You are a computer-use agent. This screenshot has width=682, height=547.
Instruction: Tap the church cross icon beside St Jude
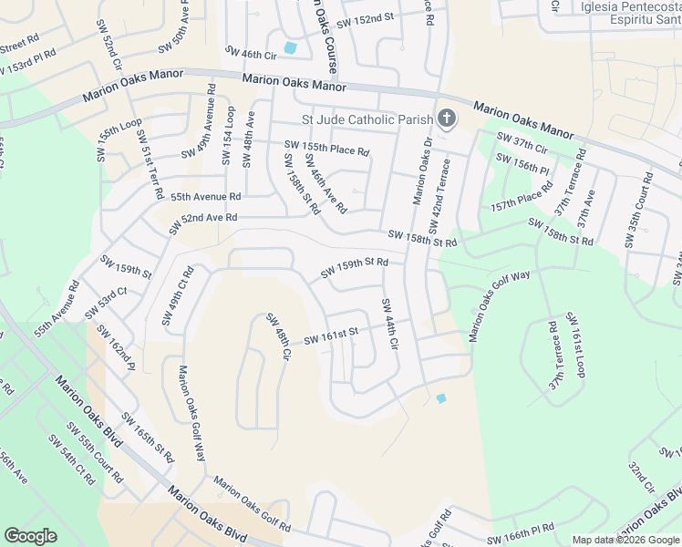(447, 118)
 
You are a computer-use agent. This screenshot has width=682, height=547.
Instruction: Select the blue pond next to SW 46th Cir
(290, 47)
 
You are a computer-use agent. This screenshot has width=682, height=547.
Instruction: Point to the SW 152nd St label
(365, 17)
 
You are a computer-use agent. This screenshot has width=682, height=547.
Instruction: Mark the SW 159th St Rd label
(355, 268)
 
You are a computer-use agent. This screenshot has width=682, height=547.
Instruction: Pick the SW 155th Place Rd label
(326, 148)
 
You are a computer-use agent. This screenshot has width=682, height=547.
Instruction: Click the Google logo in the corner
(31, 535)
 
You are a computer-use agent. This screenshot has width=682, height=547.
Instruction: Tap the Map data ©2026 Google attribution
(625, 540)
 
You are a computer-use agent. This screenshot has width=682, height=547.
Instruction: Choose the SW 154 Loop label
(228, 135)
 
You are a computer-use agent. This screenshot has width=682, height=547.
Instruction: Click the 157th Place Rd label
(522, 197)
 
